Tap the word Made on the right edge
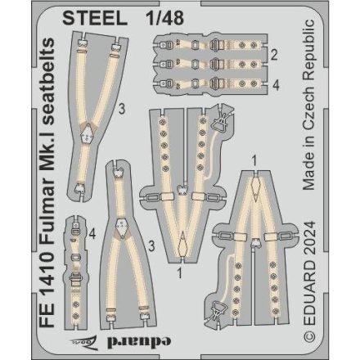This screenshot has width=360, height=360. [331, 173]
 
